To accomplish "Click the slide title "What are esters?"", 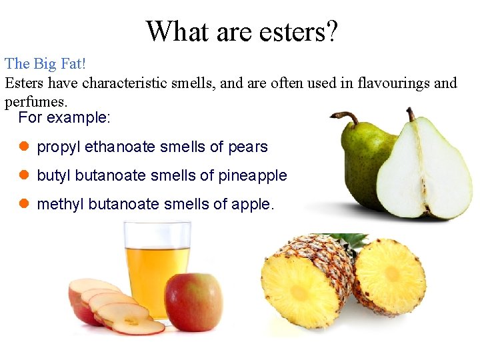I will [241, 31].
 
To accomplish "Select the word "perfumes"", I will [35, 102].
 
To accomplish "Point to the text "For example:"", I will [65, 118].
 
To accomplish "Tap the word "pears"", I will [247, 147].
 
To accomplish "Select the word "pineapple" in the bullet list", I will [257, 175].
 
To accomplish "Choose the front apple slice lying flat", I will [137, 323].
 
